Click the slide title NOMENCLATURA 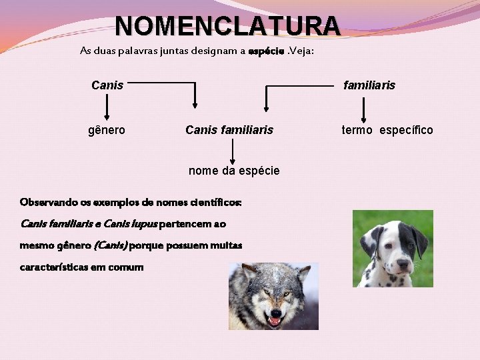227,26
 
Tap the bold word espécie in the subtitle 265,51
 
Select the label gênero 107,130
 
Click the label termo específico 387,130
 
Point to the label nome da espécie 234,171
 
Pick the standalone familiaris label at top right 369,85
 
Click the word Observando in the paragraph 47,202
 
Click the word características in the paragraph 54,267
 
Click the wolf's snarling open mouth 274,321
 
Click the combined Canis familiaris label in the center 229,130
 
